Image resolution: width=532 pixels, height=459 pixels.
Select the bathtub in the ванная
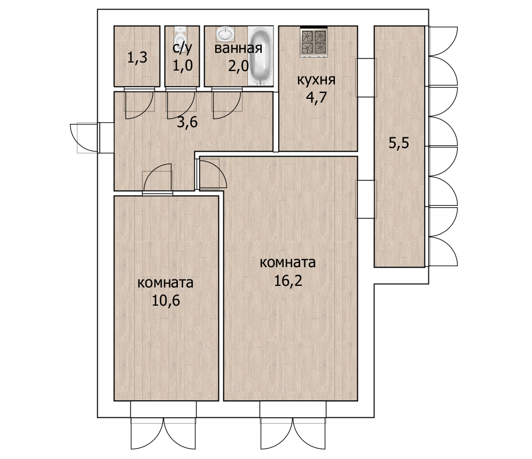point(261,56)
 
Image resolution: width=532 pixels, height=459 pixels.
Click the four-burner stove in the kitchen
point(314,42)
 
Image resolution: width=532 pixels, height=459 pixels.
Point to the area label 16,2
point(288,281)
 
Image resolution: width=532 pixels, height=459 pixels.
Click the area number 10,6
point(166,300)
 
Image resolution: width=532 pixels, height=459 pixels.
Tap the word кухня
point(316,80)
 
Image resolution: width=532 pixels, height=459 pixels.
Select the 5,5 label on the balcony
point(398,143)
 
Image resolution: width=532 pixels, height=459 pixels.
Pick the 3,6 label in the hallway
point(187,122)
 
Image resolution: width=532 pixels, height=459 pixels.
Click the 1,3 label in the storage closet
point(137,57)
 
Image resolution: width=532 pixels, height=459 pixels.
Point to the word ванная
point(238,49)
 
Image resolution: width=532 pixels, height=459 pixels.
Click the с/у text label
point(182,48)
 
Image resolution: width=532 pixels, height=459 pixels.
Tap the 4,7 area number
point(316,98)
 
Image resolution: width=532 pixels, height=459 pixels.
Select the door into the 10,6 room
point(158,179)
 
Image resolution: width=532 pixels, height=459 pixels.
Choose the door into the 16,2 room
point(212,173)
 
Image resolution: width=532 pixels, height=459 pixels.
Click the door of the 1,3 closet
point(139,103)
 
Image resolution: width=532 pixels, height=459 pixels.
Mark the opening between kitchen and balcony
point(366,77)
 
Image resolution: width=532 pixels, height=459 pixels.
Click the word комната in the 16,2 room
point(288,263)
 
